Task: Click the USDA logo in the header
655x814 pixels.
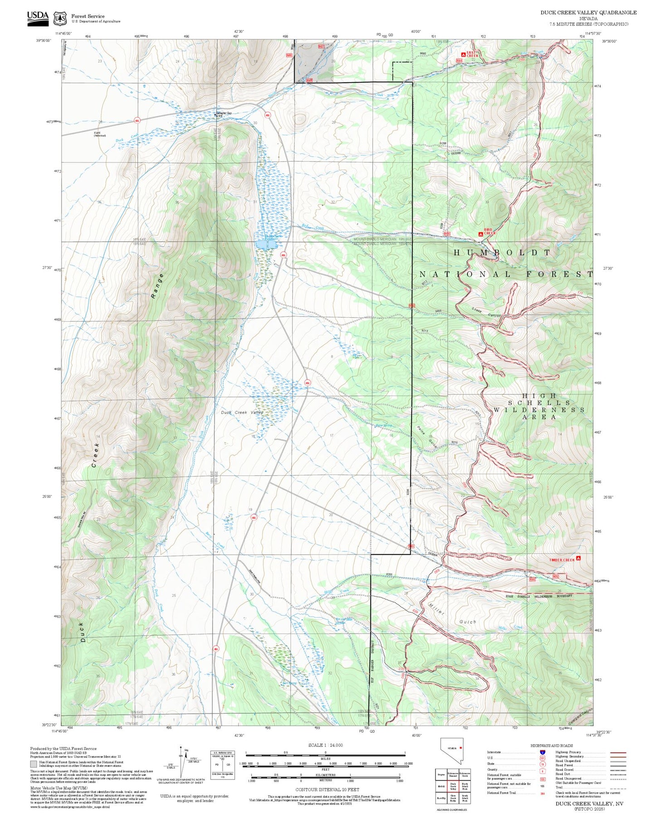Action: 38,18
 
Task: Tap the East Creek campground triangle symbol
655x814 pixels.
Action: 463,54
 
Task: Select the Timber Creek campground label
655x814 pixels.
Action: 562,559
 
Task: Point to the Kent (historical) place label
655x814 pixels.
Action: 99,134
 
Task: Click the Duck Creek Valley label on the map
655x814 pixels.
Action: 242,412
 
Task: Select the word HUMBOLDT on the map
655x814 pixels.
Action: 502,252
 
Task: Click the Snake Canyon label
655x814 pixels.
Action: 486,312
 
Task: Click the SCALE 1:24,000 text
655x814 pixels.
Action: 325,745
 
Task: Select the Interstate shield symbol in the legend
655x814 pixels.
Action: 542,752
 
